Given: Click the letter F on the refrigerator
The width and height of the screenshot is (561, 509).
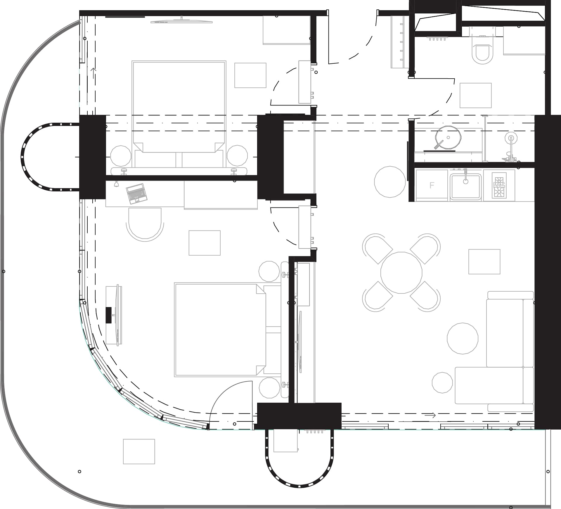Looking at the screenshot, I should [432, 185].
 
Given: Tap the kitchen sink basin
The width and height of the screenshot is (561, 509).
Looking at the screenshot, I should [465, 186].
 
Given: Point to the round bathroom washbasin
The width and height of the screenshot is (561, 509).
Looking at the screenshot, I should [448, 137].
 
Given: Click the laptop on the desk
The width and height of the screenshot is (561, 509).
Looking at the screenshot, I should [136, 193].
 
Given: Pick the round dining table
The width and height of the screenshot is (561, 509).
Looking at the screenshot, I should [401, 273].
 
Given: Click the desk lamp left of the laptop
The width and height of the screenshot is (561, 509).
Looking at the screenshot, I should [116, 184].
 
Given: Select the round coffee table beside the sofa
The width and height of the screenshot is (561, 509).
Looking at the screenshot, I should [463, 338].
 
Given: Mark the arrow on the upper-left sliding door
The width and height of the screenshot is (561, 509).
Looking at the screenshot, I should [93, 73].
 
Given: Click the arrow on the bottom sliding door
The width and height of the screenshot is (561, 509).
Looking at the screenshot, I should [430, 415].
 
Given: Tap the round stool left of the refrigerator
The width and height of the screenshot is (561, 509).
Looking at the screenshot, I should [390, 182].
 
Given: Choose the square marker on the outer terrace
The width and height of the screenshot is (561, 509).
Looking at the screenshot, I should [139, 451].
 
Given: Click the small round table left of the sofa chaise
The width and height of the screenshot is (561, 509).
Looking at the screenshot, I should [442, 382].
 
